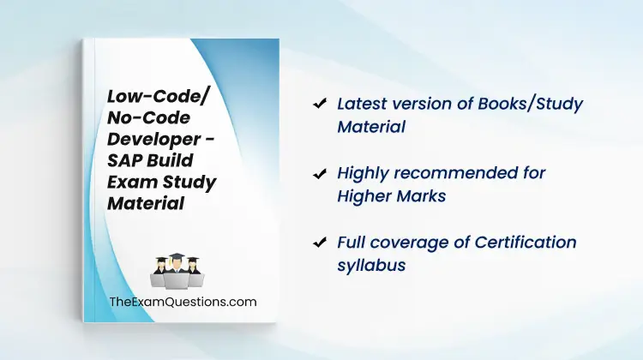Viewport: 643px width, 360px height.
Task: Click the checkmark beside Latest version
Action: point(320,103)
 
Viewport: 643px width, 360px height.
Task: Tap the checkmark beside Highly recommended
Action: point(320,173)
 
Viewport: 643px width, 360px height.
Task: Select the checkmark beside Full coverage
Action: point(320,243)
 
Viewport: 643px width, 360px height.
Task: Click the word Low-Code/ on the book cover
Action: point(158,97)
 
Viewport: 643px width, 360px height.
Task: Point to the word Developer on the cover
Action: point(154,139)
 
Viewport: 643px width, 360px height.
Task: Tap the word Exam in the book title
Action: point(131,182)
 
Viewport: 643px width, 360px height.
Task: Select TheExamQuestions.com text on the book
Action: point(183,302)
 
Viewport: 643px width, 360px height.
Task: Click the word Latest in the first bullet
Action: point(362,104)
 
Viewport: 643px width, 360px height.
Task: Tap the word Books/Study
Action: point(530,105)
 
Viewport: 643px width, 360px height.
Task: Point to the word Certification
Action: point(526,243)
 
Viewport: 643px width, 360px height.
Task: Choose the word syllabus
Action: point(371,266)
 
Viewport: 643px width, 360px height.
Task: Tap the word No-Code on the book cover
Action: point(148,117)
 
